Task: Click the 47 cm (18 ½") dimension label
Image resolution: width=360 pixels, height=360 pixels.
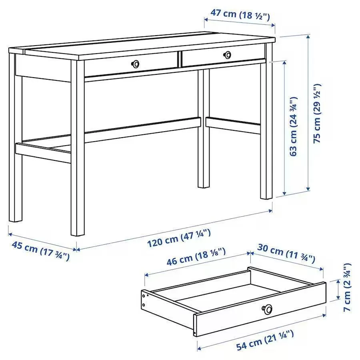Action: coord(240,14)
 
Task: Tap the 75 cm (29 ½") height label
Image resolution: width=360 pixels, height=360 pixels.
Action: coord(317,114)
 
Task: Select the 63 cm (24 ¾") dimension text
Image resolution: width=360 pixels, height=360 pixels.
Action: coord(294,126)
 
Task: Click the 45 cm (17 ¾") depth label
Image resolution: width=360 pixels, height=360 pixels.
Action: coord(40,251)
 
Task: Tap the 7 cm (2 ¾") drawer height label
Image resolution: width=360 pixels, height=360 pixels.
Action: coord(347,287)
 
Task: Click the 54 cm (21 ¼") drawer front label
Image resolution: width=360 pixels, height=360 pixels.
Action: coord(265,340)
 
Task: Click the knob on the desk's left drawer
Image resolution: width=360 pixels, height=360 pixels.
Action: coord(136,64)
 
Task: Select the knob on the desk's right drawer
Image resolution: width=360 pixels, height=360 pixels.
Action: coord(227,55)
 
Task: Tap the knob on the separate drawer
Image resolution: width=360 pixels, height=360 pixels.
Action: coord(267,309)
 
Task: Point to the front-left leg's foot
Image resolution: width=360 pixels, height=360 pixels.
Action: coord(77,233)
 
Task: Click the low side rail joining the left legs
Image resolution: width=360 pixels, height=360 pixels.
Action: coord(43,153)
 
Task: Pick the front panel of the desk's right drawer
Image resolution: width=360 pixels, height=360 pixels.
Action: coord(223,56)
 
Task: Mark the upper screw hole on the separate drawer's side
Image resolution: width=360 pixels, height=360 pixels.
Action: coord(144,296)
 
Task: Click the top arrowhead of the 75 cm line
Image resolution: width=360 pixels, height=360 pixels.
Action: coord(308,36)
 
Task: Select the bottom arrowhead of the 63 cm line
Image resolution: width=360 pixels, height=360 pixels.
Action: coord(284,193)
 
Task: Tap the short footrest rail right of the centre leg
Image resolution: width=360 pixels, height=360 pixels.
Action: coord(233,125)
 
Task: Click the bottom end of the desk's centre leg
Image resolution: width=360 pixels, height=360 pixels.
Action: coord(204,187)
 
